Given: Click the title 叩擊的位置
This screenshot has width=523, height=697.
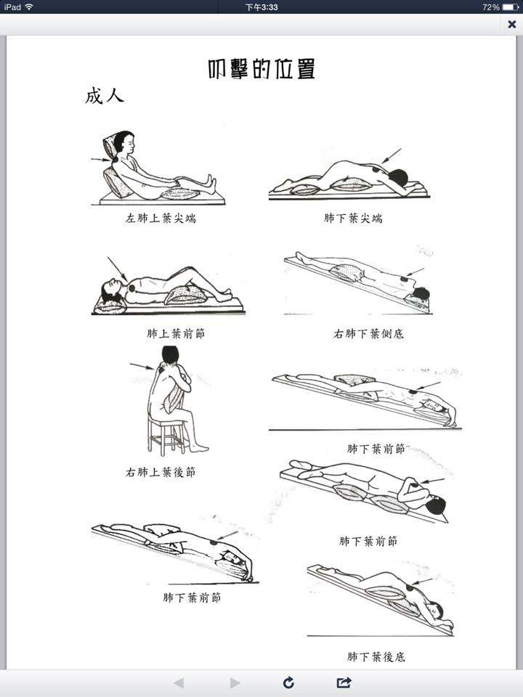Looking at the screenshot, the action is (x=261, y=69).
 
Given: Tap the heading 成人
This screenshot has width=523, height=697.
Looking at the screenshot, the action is (x=105, y=96).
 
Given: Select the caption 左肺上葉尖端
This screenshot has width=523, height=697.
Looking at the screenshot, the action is (x=161, y=219).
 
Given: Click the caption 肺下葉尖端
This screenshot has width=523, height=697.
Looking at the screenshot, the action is (x=353, y=219).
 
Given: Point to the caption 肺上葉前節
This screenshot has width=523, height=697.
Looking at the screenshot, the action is (x=176, y=333).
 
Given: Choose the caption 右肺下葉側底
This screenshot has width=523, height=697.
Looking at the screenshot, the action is (x=369, y=333).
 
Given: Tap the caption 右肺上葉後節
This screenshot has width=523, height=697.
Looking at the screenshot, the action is (x=161, y=472).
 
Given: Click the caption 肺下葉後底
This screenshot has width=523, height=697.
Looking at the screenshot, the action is (x=376, y=656).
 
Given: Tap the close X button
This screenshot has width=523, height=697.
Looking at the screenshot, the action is (x=512, y=24).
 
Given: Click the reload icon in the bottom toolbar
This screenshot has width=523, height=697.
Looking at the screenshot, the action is (x=288, y=682).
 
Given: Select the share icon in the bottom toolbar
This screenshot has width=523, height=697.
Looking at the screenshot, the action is (x=344, y=682).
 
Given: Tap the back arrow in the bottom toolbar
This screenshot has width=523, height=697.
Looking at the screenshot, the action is (x=179, y=682).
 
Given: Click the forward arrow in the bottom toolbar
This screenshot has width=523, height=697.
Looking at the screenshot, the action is (x=235, y=682).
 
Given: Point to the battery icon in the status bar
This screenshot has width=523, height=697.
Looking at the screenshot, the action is (x=510, y=7).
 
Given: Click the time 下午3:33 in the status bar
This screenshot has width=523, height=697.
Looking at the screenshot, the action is (x=261, y=7).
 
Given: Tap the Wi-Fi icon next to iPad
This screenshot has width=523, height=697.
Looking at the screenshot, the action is (x=29, y=7).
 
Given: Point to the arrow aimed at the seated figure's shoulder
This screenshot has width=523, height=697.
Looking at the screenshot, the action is (x=142, y=366).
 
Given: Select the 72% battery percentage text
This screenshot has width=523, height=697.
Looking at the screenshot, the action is (x=490, y=7).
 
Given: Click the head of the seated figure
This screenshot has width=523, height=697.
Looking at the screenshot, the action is (x=170, y=355).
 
